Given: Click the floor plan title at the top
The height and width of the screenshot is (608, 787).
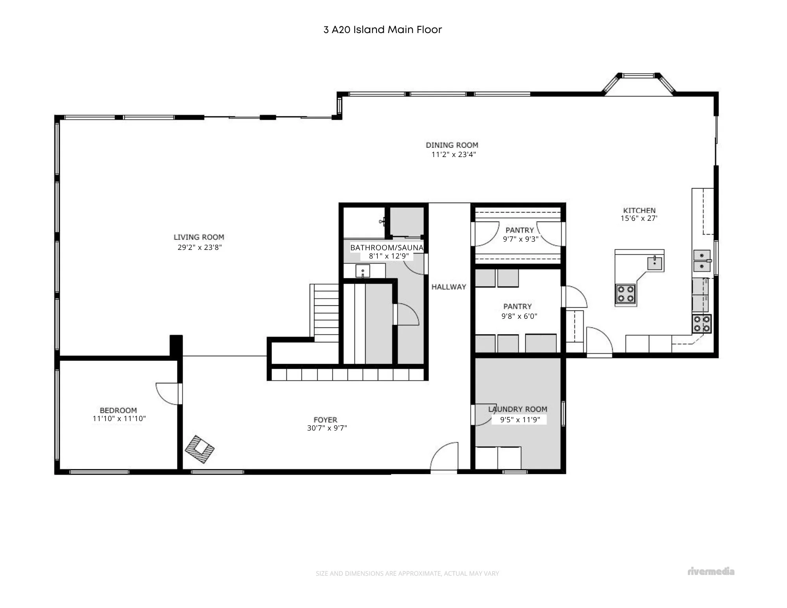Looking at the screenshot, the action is click(x=382, y=30).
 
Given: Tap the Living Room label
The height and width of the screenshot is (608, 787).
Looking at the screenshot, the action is click(x=199, y=237).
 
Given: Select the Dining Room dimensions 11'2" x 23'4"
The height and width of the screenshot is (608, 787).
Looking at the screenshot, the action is click(x=454, y=155).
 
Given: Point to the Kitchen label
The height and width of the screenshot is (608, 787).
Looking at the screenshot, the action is click(x=639, y=211).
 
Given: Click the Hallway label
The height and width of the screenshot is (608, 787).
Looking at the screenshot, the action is click(x=449, y=287).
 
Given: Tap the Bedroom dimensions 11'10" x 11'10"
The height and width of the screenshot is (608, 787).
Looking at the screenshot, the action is click(x=119, y=419).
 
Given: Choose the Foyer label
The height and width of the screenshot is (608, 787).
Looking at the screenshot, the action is click(x=325, y=420).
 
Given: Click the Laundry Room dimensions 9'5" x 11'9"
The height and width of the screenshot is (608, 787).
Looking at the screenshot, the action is click(x=520, y=420).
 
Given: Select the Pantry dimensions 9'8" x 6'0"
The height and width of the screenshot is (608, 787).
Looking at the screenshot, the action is click(x=519, y=316).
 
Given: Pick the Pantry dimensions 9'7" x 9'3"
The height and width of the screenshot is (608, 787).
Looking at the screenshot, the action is click(x=521, y=239).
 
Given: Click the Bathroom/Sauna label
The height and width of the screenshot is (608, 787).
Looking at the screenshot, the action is click(x=387, y=248).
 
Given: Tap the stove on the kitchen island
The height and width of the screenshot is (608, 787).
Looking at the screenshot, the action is click(x=625, y=294).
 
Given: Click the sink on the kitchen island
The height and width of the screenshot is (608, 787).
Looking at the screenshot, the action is click(x=655, y=262).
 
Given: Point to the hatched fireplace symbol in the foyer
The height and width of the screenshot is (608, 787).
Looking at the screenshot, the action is click(x=200, y=449).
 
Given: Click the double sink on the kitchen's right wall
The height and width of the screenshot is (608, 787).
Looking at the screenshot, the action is click(x=702, y=261).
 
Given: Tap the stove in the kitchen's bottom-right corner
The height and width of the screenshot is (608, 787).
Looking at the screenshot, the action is click(x=702, y=323).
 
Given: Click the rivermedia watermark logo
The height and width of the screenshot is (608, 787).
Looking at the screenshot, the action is click(x=711, y=571).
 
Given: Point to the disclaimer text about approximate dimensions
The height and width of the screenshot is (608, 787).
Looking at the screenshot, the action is click(x=407, y=574).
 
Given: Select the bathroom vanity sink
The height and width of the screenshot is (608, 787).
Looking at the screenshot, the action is click(x=362, y=271).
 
